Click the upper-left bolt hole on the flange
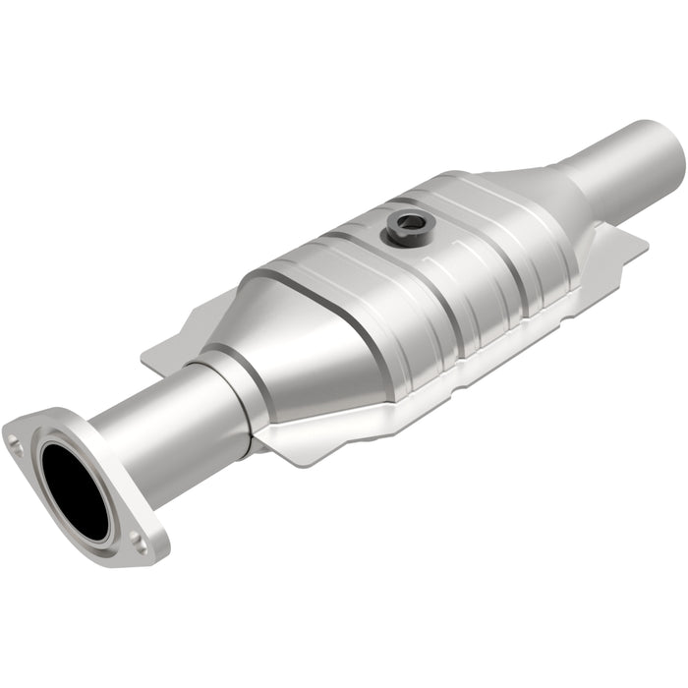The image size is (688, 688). (x=17, y=443)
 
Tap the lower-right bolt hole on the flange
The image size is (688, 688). (x=141, y=539)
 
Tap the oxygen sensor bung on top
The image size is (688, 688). (x=405, y=229)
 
